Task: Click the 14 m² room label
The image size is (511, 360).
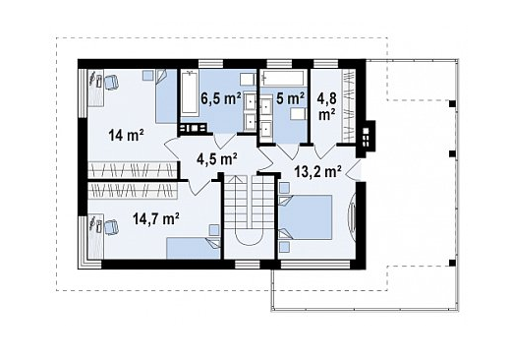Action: coord(127,135)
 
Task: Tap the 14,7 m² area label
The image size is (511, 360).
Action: coord(156,218)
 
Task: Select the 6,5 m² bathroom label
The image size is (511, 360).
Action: coord(221,98)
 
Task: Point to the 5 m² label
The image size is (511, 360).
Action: coord(290,98)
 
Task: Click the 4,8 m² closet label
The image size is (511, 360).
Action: coord(326,105)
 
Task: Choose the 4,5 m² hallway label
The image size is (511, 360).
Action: coord(217,159)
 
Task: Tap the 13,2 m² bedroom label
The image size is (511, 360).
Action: coord(318,171)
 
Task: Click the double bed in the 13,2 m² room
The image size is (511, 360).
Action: coord(306,217)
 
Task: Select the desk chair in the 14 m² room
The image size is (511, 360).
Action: coord(111,82)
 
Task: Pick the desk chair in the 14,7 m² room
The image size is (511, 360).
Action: coord(111,227)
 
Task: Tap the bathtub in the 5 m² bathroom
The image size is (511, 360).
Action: coord(284,79)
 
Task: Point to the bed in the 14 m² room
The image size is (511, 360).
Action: coord(166,96)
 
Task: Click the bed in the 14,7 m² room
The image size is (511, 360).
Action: coord(193,249)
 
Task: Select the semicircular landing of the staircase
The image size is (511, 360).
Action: coord(250,237)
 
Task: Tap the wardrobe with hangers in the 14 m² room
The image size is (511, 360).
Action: coord(133,169)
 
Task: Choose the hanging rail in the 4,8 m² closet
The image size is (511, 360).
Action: coord(349,106)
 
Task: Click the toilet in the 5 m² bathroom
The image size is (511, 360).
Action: coord(298,114)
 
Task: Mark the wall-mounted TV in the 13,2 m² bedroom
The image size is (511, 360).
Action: coord(352,217)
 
